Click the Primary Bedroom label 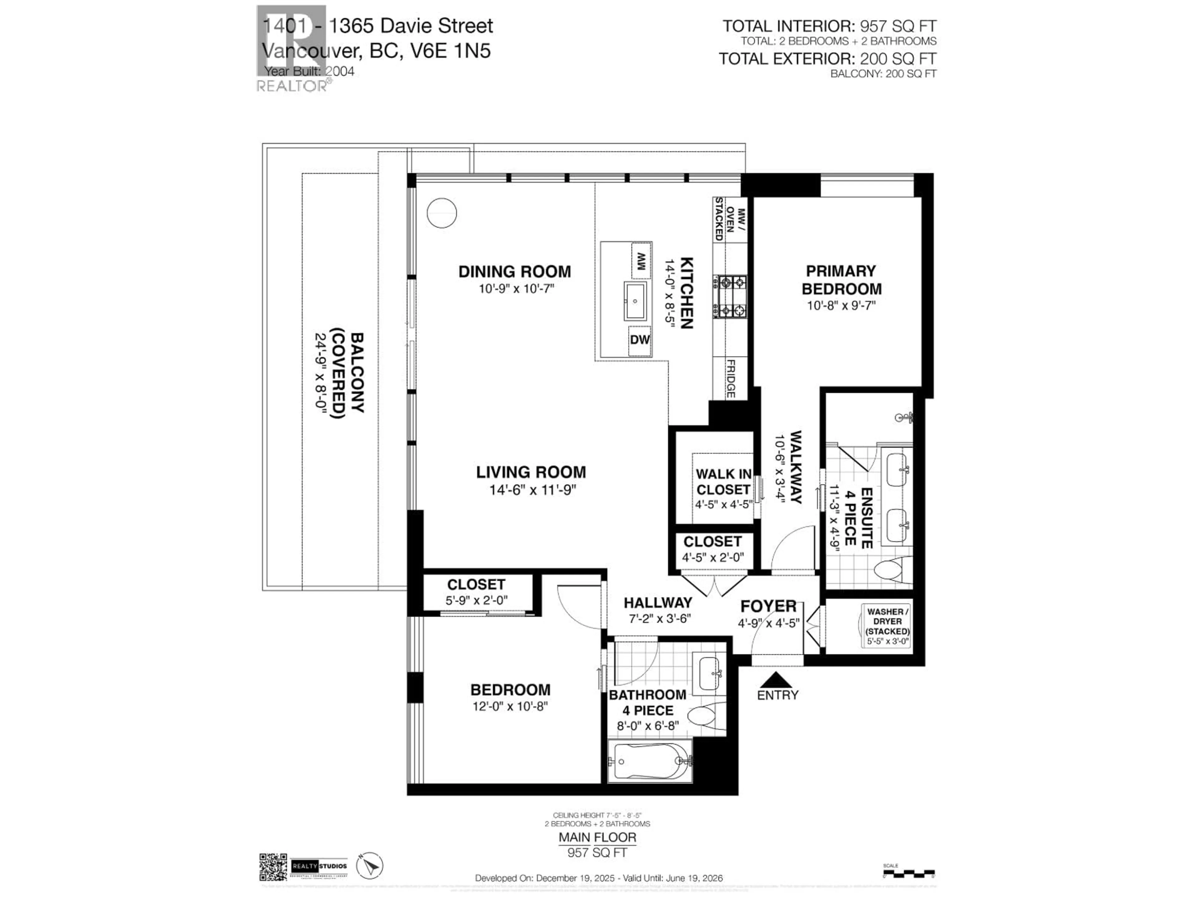[841, 280]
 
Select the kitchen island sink [635, 301]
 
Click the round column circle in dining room [441, 213]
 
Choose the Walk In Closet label [723, 482]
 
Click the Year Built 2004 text [309, 71]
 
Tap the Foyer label [768, 606]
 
